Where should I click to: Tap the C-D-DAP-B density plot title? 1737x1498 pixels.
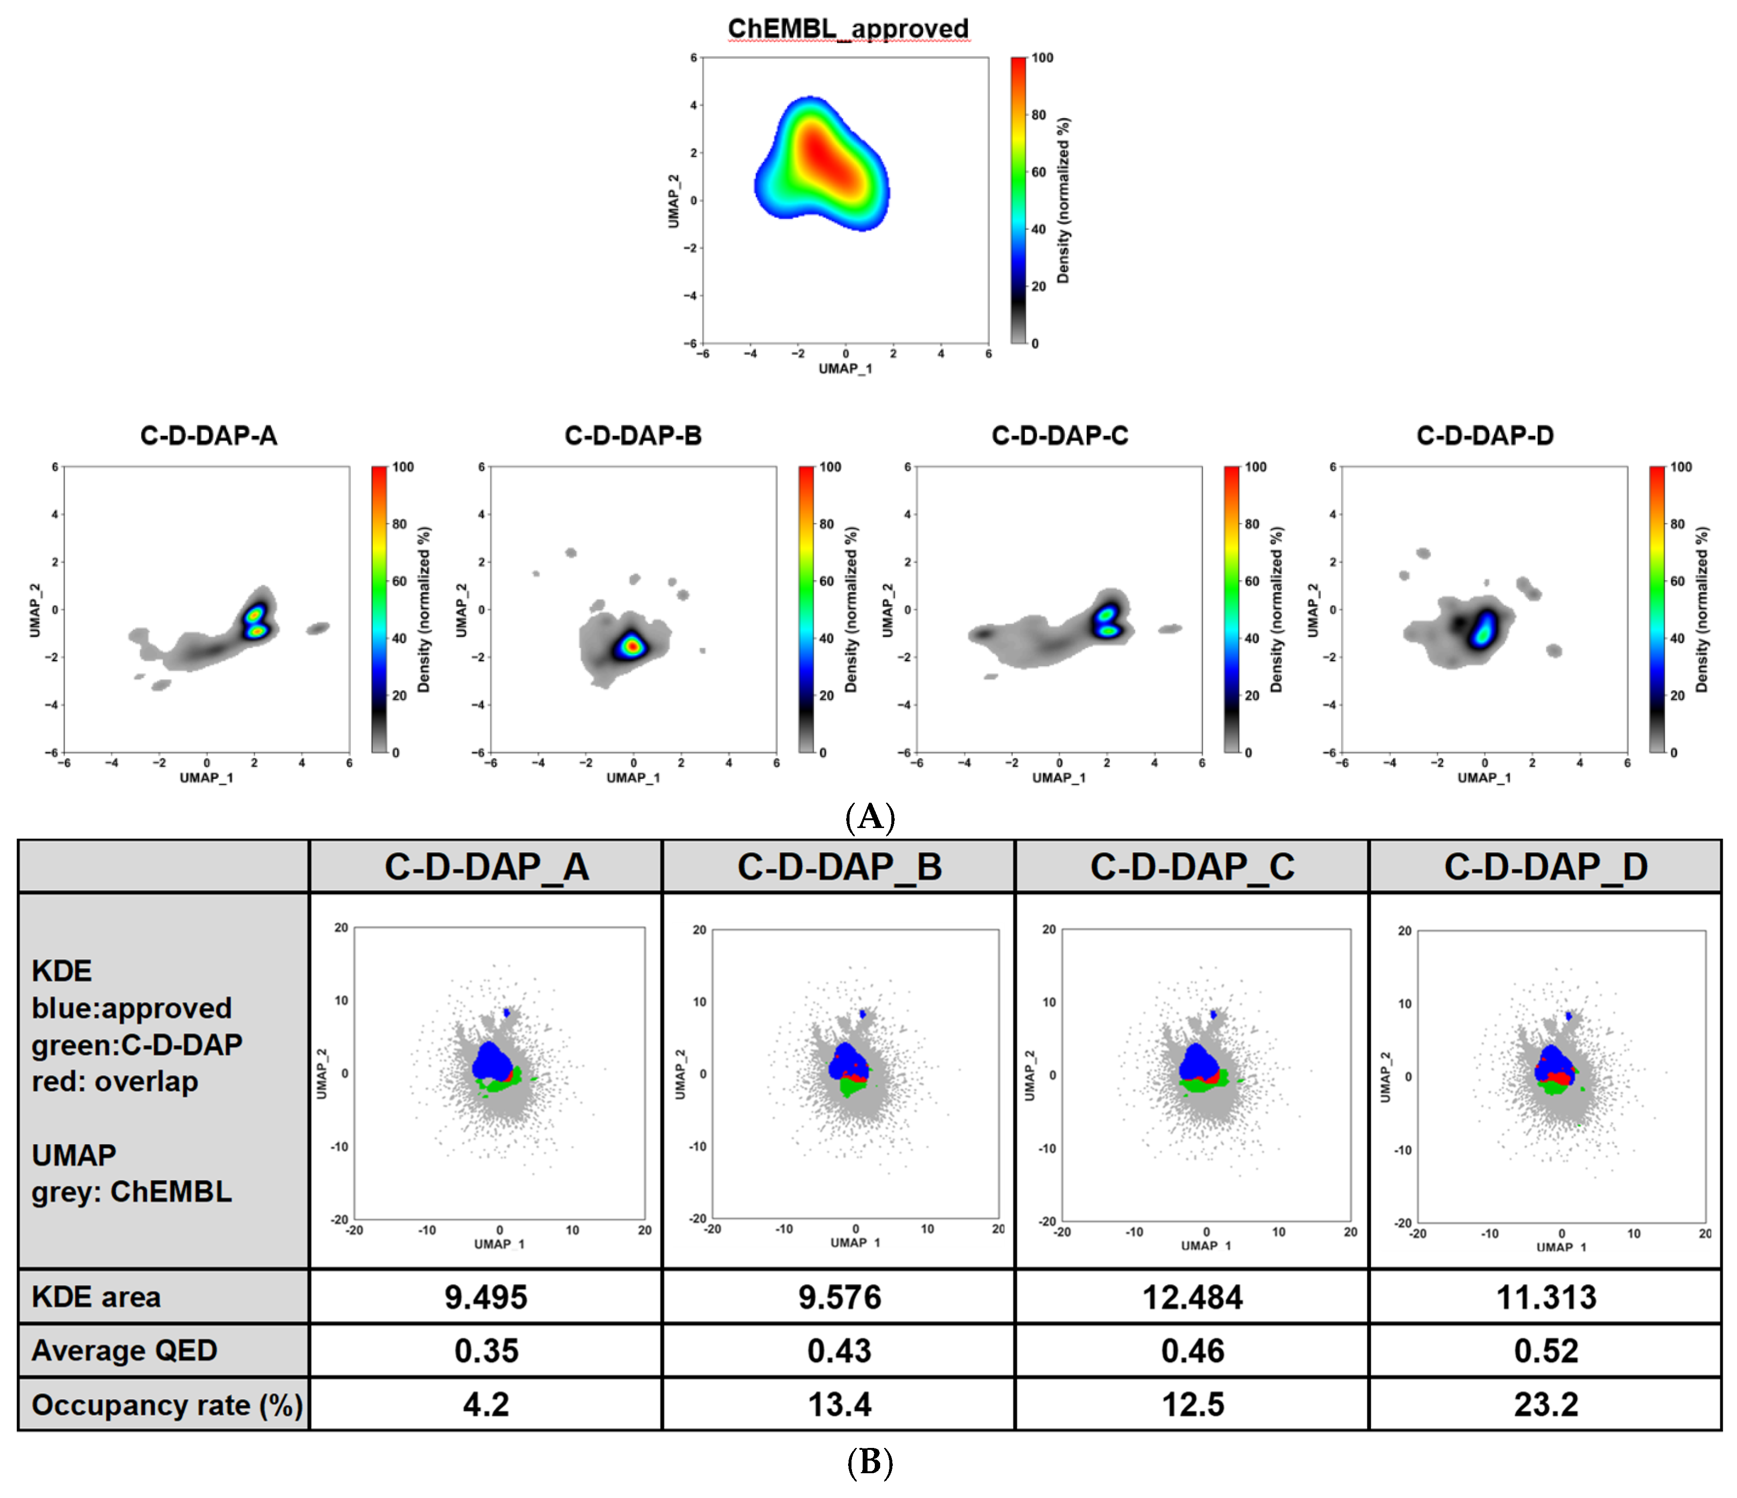633,435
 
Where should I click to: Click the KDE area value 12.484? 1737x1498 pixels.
1192,1298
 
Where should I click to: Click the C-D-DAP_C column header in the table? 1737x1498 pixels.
1192,866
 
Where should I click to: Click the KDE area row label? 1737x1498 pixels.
96,1298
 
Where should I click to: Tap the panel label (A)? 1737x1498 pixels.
870,816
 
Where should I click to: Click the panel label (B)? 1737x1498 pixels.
870,1462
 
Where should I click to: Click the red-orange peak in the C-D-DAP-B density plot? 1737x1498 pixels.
632,646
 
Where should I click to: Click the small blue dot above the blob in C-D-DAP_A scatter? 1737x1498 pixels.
506,1013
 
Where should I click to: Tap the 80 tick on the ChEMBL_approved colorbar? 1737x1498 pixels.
1038,115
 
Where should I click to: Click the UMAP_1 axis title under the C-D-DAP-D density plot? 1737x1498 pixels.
1484,777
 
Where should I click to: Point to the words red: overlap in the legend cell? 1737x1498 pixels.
115,1081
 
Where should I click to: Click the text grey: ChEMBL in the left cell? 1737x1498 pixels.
132,1192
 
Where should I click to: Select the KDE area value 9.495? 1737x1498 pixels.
486,1298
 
